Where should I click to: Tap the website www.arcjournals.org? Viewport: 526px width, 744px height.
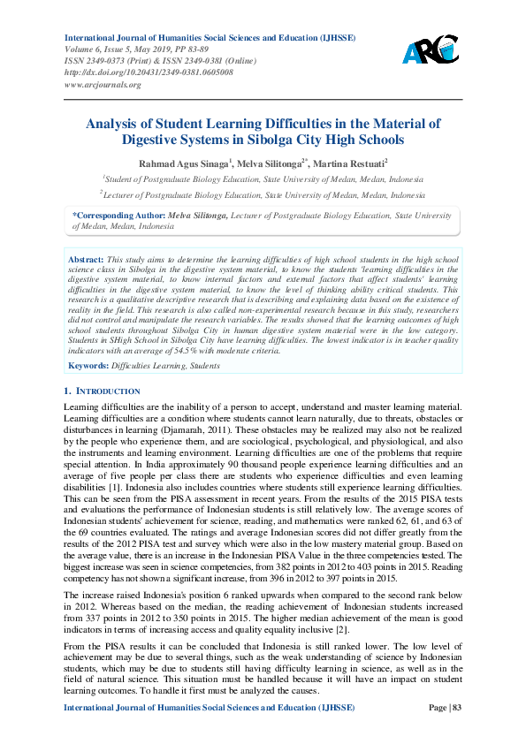(x=103, y=85)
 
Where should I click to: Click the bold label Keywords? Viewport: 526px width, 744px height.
(x=88, y=364)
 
